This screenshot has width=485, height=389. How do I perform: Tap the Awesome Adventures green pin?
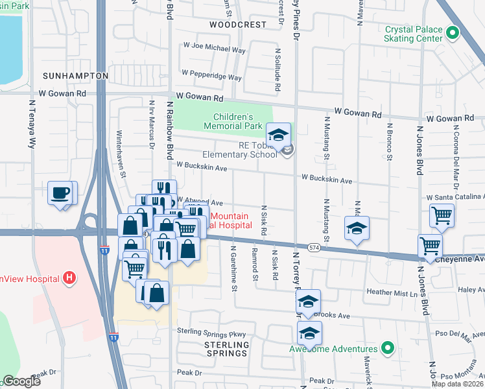(x=388, y=349)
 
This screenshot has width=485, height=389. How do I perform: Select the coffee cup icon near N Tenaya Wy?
(x=61, y=193)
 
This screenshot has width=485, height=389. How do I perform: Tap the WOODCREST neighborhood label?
(x=238, y=25)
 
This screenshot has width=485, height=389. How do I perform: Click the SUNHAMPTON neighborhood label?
(x=75, y=76)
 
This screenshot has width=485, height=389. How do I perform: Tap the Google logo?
(x=21, y=381)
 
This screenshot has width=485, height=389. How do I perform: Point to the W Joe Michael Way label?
(x=215, y=49)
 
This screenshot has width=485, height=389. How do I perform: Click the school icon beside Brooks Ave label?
(x=309, y=300)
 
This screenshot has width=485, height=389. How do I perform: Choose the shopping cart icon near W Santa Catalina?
(x=442, y=215)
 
